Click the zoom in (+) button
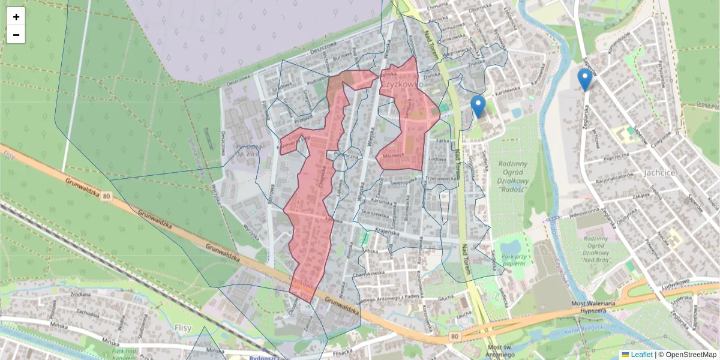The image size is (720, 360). [16, 17]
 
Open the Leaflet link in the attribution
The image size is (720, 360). [641, 355]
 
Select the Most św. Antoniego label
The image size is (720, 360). [502, 351]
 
